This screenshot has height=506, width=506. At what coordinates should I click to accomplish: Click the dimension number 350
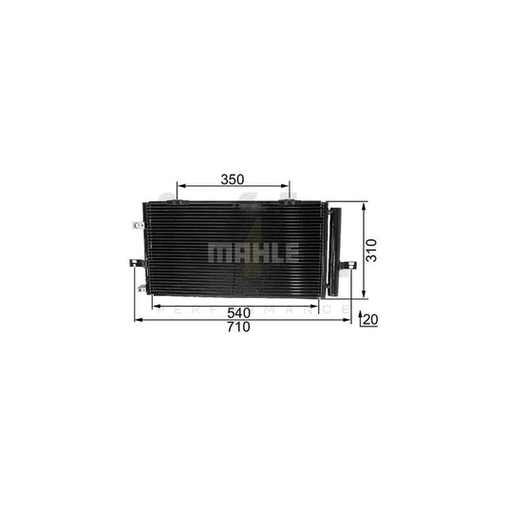click(x=233, y=178)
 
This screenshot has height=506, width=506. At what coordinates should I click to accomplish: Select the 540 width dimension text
click(x=240, y=312)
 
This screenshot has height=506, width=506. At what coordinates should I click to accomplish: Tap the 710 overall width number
click(x=237, y=328)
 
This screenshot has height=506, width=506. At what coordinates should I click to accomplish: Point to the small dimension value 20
click(x=370, y=321)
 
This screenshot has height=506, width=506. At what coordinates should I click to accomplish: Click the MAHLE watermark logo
click(x=253, y=253)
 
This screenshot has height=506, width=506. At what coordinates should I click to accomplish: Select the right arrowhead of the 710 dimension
click(x=347, y=321)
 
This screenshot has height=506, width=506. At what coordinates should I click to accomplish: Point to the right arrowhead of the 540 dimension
click(x=323, y=306)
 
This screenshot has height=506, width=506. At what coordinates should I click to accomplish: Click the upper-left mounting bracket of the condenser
click(x=138, y=225)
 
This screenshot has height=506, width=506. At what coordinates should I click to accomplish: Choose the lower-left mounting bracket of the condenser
click(x=141, y=288)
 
